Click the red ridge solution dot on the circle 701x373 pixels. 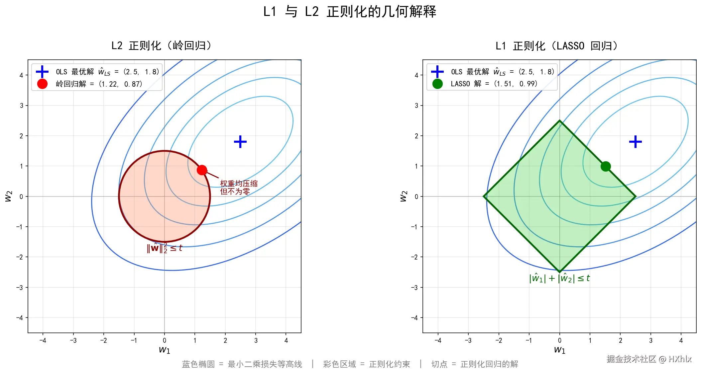tap(202, 170)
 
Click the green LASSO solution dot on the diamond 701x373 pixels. tap(606, 166)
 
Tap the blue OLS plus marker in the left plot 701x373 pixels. tap(240, 142)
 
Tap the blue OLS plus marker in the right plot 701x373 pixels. tap(635, 142)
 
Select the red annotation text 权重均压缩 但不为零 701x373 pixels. tap(238, 187)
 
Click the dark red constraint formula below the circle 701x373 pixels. tap(164, 248)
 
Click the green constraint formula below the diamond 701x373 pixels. tap(559, 278)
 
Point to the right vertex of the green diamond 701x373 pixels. tap(635, 196)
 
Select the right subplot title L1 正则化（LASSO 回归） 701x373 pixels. tap(556, 45)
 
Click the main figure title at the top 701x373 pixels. tap(350, 12)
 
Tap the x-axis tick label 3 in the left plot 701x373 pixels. tap(256, 340)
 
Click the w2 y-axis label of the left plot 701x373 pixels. tap(8, 196)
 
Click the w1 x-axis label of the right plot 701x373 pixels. tap(559, 350)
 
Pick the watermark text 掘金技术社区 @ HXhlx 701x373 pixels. tap(648, 359)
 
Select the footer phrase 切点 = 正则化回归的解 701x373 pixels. tap(475, 364)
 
